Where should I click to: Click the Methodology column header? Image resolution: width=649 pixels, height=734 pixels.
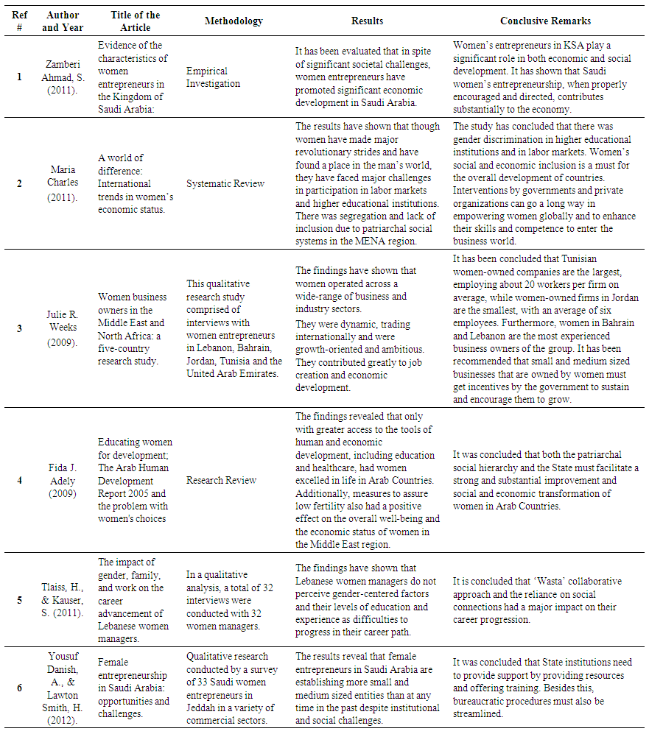click(234, 21)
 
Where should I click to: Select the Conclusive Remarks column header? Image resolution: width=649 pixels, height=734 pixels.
click(545, 21)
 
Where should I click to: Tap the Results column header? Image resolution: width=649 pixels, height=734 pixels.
click(367, 21)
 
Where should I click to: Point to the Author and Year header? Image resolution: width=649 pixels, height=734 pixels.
click(63, 21)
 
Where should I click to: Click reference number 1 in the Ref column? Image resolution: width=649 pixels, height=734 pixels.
click(19, 77)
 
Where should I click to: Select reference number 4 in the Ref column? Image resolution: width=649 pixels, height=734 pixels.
click(19, 480)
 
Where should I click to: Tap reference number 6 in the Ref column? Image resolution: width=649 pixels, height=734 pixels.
click(19, 688)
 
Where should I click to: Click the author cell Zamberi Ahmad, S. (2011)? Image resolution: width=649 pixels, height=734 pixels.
click(63, 77)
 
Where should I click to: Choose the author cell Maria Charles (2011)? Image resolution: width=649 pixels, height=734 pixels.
click(63, 183)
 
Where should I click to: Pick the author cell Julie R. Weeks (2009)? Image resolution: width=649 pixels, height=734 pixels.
click(63, 328)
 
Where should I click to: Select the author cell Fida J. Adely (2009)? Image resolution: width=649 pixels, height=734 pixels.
click(63, 480)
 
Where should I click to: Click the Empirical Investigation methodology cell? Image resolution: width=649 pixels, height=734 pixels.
click(213, 77)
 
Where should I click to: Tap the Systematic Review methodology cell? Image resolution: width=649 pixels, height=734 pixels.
click(225, 183)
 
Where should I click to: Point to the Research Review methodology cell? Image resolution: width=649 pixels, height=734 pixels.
click(221, 480)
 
